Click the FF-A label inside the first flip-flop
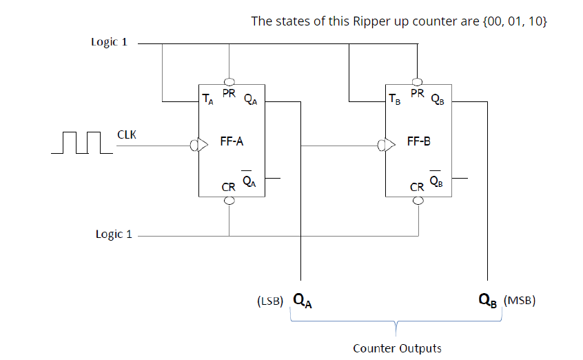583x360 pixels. click(x=232, y=141)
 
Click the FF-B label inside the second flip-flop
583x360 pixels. click(x=418, y=141)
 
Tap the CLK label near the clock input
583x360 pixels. click(x=127, y=134)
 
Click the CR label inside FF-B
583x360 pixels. click(x=417, y=187)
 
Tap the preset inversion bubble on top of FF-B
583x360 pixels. click(x=417, y=81)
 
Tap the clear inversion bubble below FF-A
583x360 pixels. click(x=229, y=200)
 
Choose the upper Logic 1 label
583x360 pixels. click(x=109, y=42)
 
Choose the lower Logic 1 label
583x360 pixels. click(x=114, y=234)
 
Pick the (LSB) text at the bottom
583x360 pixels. click(x=270, y=301)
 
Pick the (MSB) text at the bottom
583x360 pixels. click(x=520, y=301)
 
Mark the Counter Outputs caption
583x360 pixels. click(x=397, y=348)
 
